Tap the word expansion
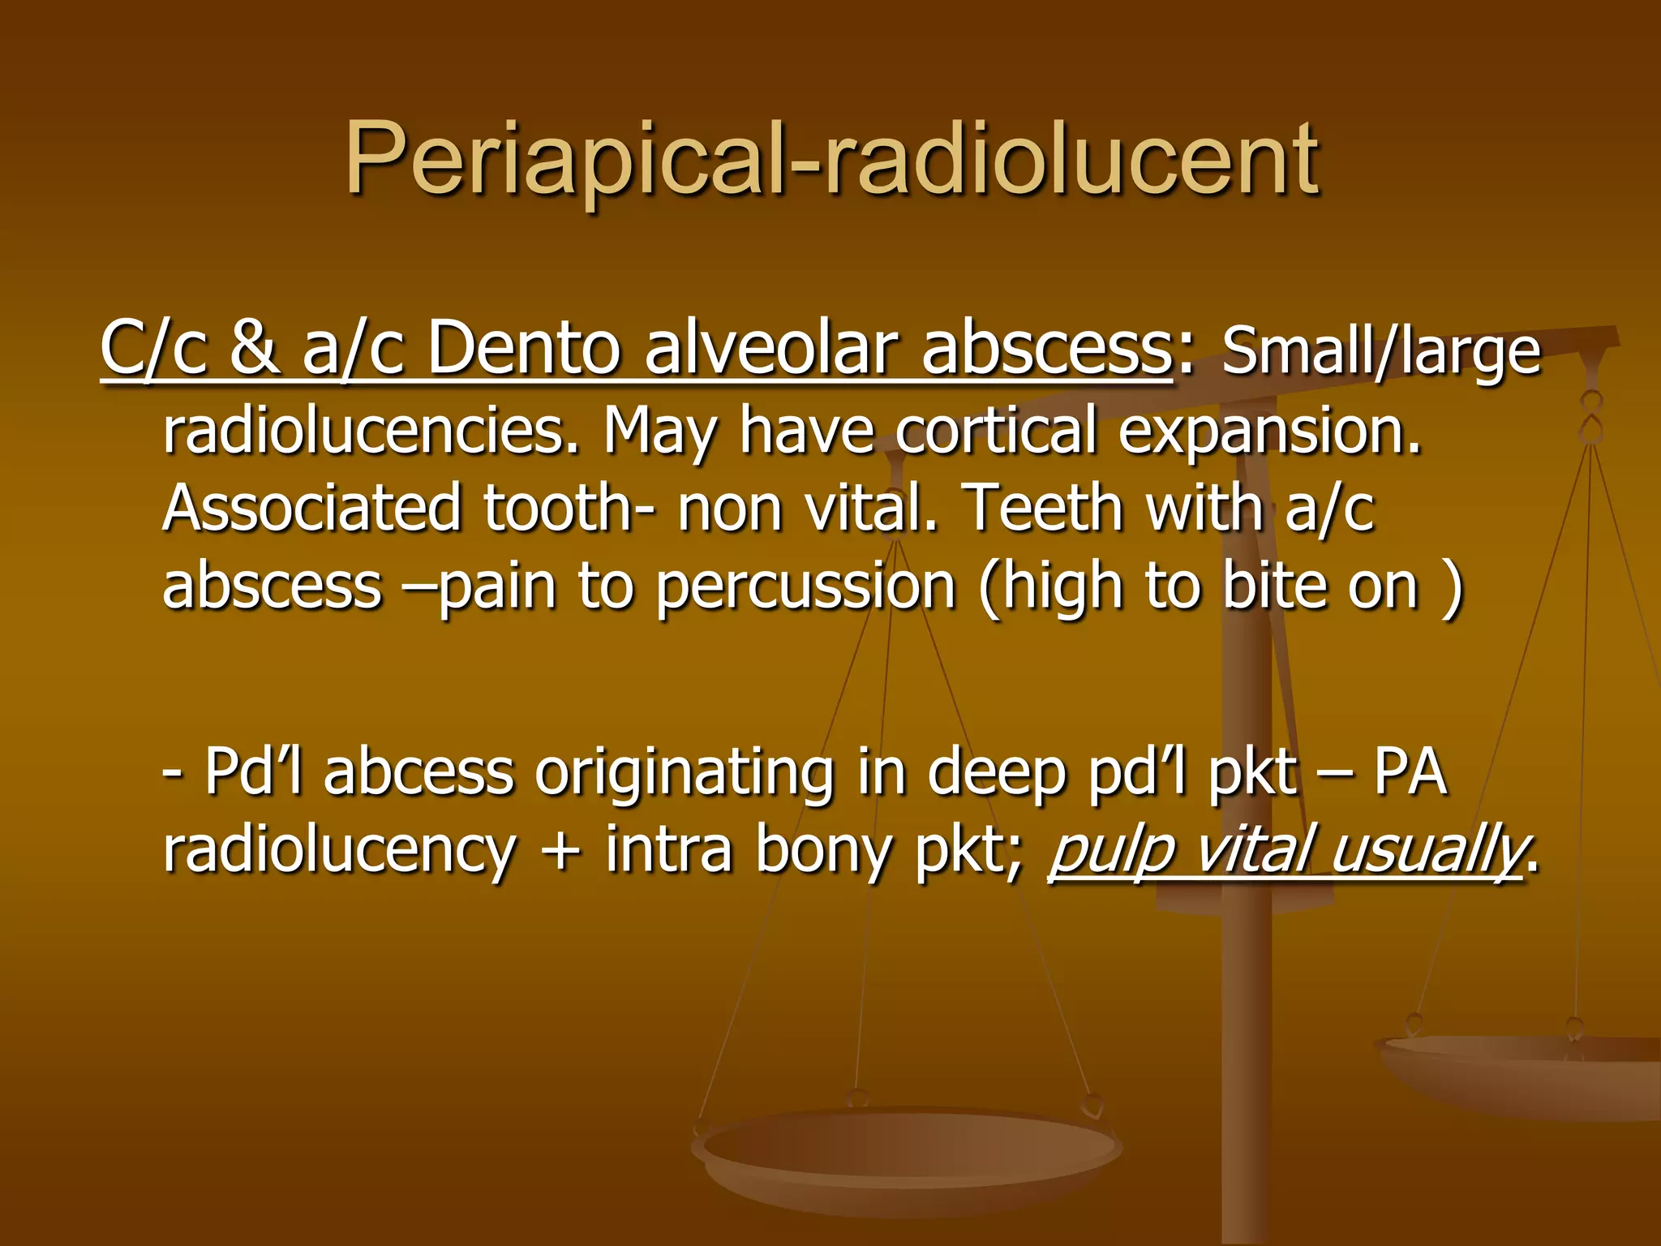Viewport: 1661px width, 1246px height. (x=1269, y=432)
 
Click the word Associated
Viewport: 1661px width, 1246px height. (x=311, y=507)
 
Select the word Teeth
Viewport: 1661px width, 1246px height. (x=1043, y=507)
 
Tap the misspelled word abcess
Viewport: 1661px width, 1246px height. (x=418, y=772)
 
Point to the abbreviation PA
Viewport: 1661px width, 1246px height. (x=1410, y=772)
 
